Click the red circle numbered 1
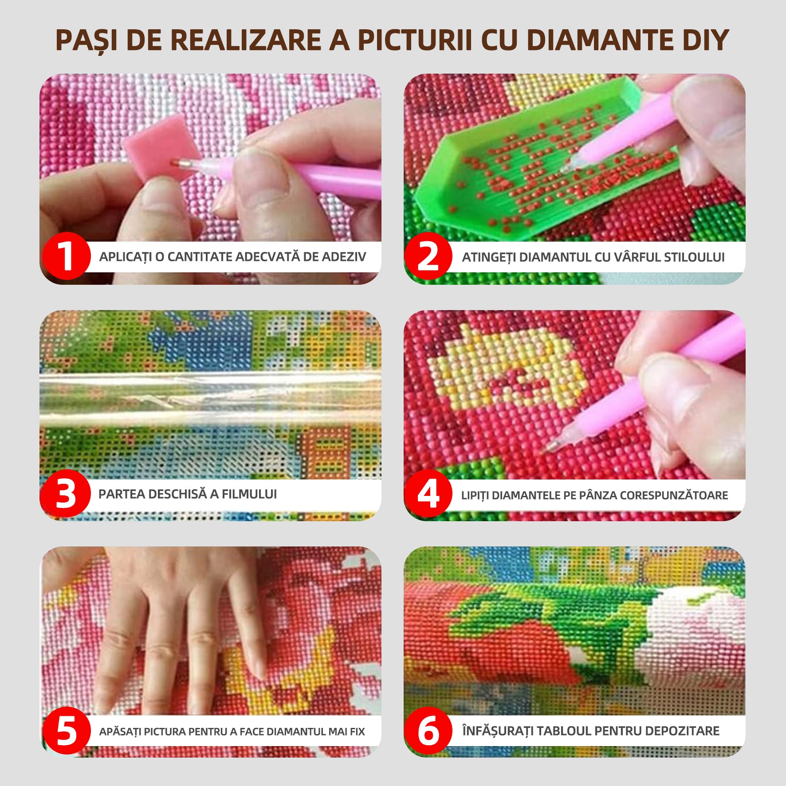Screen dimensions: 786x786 (x=67, y=256)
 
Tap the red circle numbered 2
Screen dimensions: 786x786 (x=428, y=256)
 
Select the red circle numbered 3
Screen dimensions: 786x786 (x=66, y=493)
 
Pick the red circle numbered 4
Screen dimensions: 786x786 (x=428, y=493)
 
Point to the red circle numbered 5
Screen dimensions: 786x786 (x=67, y=731)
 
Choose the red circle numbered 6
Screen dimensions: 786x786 (x=428, y=731)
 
